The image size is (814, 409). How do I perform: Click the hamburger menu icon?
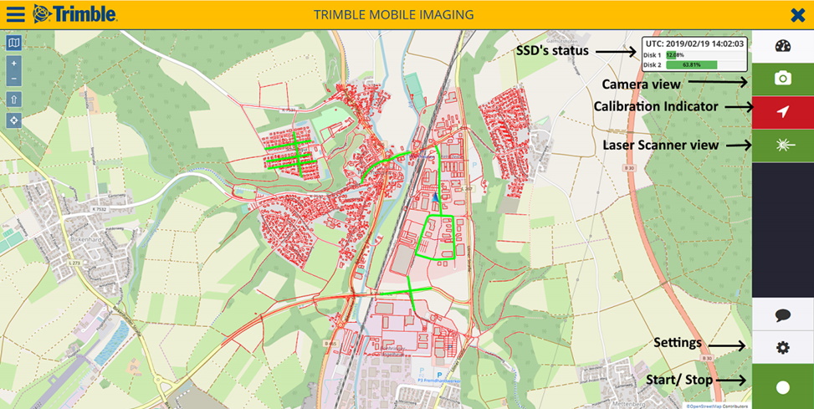coord(16,14)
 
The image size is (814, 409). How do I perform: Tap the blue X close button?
coord(797,14)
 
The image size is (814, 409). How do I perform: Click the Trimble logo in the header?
coord(75,14)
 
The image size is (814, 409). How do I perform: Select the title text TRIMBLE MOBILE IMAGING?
coord(393,14)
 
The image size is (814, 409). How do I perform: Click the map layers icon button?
coord(13,43)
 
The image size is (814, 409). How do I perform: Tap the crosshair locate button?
coord(13,120)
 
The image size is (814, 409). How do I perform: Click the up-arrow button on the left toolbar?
coord(13,100)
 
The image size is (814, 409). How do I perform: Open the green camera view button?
coord(782,79)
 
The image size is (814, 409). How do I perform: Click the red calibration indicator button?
coord(782,112)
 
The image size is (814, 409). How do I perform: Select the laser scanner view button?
coord(782,146)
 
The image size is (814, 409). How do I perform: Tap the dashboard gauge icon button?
coord(782,46)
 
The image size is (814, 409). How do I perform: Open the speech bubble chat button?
coord(782,315)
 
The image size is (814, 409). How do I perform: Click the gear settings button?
coord(782,347)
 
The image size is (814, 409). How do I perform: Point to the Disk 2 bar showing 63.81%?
coord(691,64)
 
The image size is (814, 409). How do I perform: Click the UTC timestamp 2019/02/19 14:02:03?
coord(694,43)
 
